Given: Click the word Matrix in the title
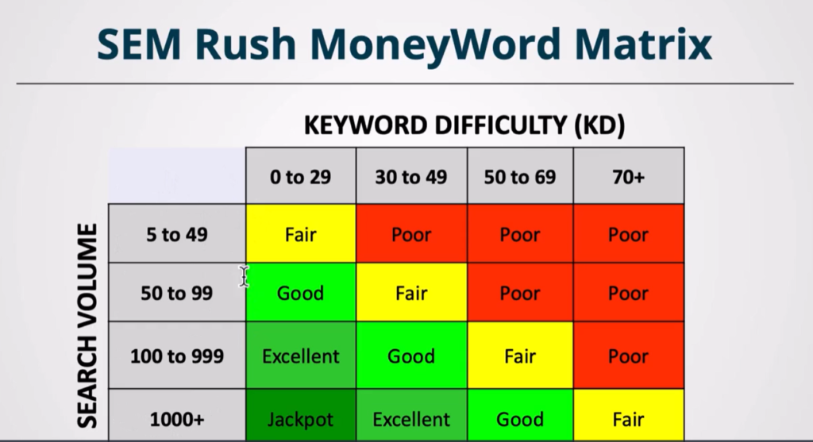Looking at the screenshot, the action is point(643,44).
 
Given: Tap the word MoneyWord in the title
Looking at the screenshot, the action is point(436,45).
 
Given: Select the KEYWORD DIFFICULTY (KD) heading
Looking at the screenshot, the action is point(464,125).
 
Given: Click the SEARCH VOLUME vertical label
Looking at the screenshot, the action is point(87,326).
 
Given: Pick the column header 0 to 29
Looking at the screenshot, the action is point(301,177).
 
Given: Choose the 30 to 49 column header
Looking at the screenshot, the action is point(411,177).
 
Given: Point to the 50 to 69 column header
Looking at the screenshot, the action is point(520,177).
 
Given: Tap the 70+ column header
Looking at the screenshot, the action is point(629,177).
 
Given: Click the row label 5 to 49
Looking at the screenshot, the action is point(177,235).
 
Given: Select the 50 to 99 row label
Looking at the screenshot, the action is point(177,294).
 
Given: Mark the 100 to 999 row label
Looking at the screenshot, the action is point(177,356).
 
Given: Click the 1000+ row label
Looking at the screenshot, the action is point(177,419).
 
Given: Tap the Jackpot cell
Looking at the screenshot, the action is point(301,419).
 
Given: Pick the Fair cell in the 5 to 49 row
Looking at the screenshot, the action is point(301,235).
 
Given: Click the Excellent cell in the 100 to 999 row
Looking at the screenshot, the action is point(301,356).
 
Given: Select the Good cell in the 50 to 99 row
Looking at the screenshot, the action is point(301,294).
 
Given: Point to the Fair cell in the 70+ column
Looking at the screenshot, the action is point(629,419).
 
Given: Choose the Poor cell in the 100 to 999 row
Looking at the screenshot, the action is point(629,356).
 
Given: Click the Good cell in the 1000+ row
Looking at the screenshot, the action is point(520,419).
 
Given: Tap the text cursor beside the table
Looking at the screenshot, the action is point(245,276).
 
